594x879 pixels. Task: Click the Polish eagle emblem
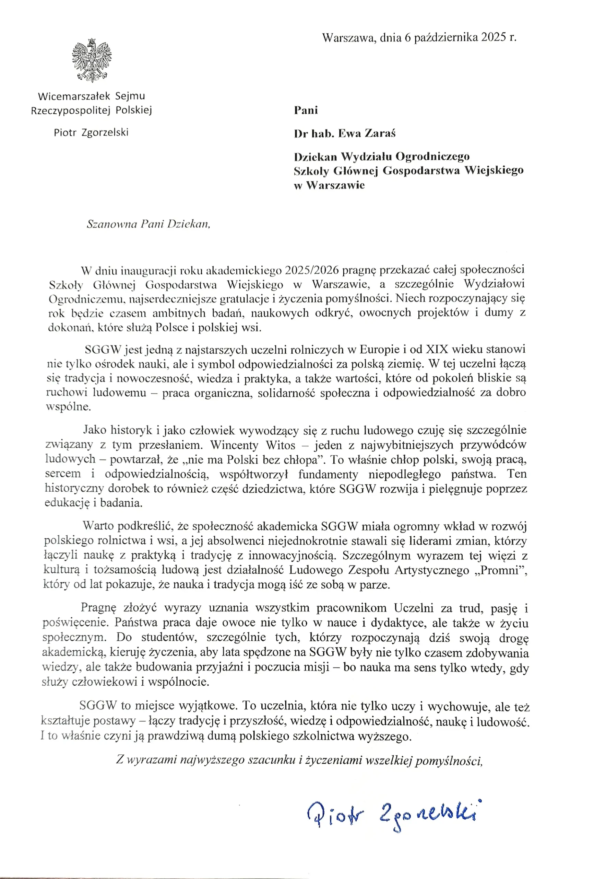92,60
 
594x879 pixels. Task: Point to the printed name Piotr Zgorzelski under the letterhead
91,133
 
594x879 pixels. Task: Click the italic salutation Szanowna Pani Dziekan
148,224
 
